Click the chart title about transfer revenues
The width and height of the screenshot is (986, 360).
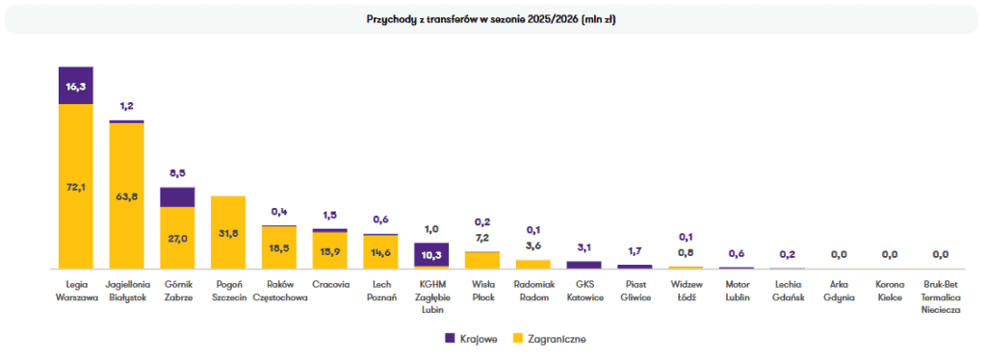[491, 19]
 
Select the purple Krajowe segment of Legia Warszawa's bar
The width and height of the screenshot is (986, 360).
[75, 86]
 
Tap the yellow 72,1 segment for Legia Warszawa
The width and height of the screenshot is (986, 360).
[75, 187]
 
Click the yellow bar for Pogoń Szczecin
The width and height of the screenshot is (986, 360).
[227, 233]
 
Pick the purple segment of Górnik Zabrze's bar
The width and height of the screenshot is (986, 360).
[177, 197]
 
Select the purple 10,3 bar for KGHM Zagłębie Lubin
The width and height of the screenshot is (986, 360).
[430, 254]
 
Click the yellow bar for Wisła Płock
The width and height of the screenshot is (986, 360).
[481, 261]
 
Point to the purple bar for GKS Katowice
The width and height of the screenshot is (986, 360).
[584, 265]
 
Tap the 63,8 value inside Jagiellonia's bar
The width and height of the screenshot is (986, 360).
[126, 195]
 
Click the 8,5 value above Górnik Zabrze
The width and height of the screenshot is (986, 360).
[177, 173]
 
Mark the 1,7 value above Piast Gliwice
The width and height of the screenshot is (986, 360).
[635, 249]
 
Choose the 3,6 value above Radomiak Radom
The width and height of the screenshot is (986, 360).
[532, 245]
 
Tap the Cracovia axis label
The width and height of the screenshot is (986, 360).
[329, 284]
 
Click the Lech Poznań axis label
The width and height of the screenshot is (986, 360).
[380, 291]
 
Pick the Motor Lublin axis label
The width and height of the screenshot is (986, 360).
[736, 291]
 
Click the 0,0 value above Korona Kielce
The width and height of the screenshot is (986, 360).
[889, 254]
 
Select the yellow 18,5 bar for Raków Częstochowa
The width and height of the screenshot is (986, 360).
[278, 247]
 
